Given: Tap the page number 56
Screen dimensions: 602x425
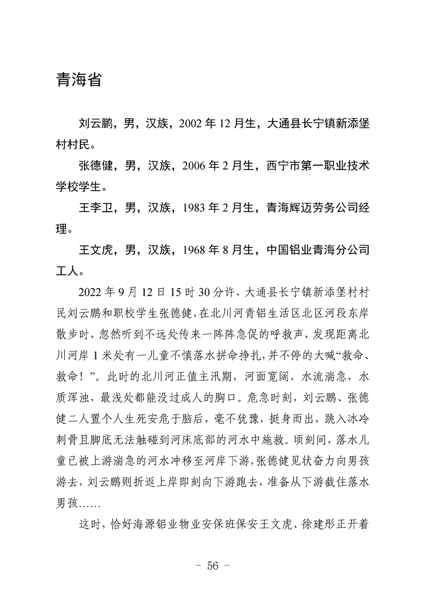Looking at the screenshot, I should [213, 567].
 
